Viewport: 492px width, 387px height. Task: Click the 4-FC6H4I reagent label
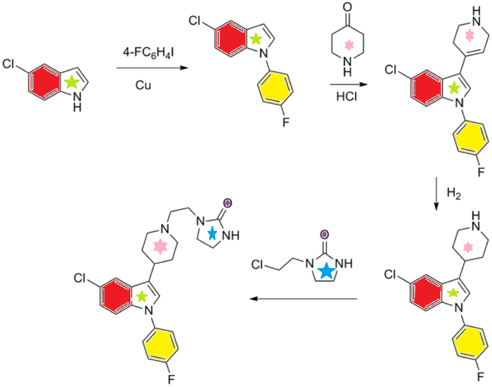(x=148, y=53)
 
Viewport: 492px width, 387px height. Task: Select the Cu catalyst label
(x=143, y=85)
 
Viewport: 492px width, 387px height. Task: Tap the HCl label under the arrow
(x=346, y=96)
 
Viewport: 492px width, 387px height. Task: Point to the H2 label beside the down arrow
(x=454, y=193)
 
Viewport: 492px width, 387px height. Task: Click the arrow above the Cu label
(x=152, y=68)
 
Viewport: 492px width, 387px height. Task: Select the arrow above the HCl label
(x=349, y=85)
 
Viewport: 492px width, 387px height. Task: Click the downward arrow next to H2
(x=436, y=193)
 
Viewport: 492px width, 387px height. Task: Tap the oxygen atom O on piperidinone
(x=347, y=7)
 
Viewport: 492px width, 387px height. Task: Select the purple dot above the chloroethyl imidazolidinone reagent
(x=324, y=235)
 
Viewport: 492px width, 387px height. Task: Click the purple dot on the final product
(x=228, y=203)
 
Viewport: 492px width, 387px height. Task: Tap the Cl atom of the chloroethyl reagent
(x=257, y=264)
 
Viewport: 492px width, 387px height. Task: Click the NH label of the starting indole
(x=77, y=102)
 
